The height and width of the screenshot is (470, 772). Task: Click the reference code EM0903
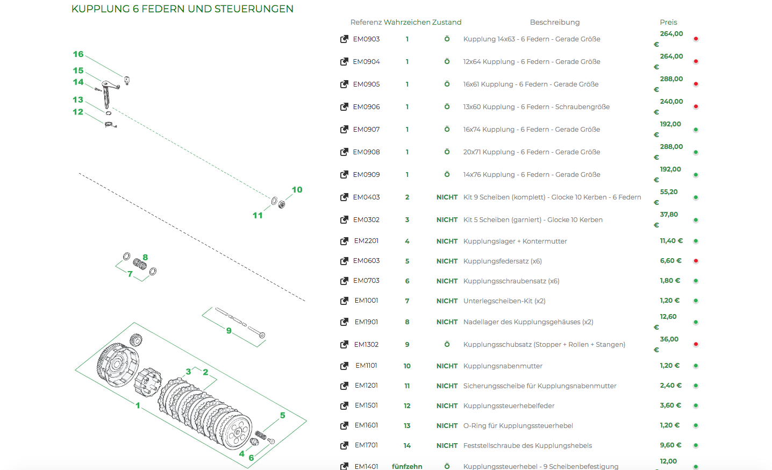coord(366,39)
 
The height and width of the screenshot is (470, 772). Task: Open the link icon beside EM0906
coord(344,107)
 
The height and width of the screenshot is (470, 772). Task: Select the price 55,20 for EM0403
coord(669,192)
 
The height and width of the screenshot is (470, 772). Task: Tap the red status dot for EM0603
coord(696,261)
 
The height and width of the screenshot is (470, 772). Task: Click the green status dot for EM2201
coord(696,241)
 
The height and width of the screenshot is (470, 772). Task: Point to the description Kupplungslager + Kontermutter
coord(515,241)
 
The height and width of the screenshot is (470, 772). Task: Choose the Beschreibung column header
coord(555,22)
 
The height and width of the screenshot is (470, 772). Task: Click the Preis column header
coord(668,22)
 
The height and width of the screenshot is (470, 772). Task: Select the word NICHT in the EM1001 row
coord(447,301)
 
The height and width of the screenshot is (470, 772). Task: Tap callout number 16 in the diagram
coord(78,54)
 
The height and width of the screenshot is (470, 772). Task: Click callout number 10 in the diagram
coord(297,190)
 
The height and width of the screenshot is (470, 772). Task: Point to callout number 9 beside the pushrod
coord(229,331)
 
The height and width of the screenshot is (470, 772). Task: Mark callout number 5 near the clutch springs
coord(283,415)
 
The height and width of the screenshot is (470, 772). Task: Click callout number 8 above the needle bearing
coord(145,258)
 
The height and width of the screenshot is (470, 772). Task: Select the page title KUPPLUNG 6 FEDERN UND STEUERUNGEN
coord(182,9)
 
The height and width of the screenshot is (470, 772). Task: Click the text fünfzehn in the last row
coord(407,466)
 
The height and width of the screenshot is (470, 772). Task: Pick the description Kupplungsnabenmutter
coord(503,366)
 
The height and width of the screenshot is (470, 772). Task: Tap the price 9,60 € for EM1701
coord(670,445)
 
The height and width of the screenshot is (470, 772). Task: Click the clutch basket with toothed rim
coord(117,365)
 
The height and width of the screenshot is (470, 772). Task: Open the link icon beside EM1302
coord(344,345)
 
